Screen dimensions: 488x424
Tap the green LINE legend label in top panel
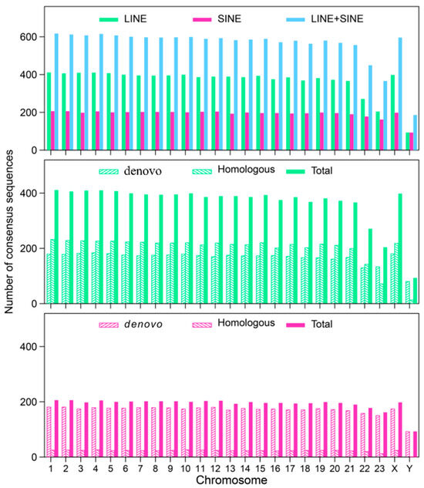click(x=136, y=17)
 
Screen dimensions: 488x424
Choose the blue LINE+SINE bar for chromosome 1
click(x=56, y=92)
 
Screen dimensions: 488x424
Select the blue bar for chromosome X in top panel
click(x=400, y=93)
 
